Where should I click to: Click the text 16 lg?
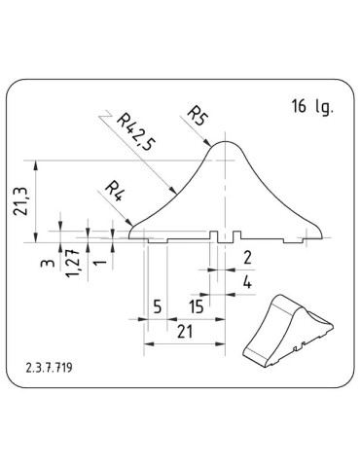tap(311, 107)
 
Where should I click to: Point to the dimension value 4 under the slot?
tap(246, 282)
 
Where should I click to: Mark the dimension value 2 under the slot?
tap(246, 258)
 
